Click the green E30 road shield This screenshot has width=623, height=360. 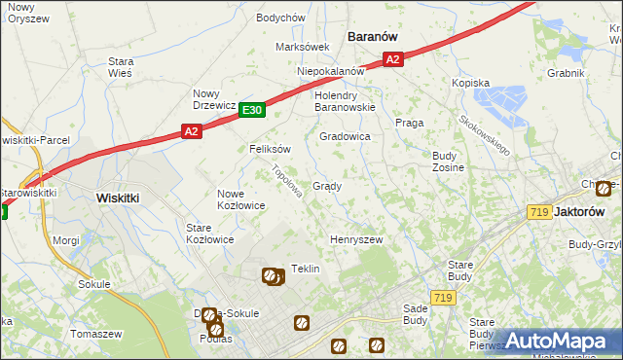[x=252, y=111]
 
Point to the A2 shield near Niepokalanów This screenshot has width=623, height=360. [x=391, y=60]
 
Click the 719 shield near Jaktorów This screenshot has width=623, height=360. [x=539, y=212]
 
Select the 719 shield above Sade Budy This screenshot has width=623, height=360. [x=443, y=297]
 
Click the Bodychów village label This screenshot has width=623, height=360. [x=280, y=18]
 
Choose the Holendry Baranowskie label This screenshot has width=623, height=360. [x=345, y=101]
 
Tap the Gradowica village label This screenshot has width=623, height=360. [x=345, y=137]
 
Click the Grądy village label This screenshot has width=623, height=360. [x=326, y=186]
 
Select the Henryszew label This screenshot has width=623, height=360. [x=356, y=239]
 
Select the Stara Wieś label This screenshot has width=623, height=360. [x=121, y=66]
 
